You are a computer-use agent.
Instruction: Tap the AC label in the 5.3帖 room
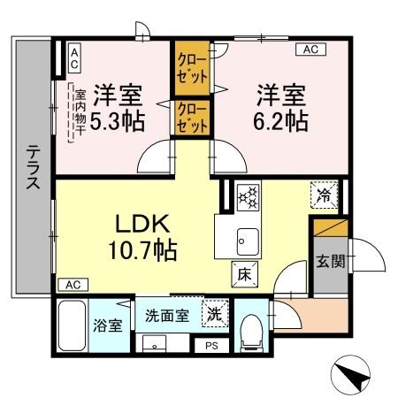(x=74, y=59)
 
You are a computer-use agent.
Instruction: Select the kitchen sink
(x=245, y=238)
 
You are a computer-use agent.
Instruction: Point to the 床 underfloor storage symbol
(x=242, y=275)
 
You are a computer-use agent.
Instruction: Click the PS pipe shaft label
(x=211, y=345)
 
